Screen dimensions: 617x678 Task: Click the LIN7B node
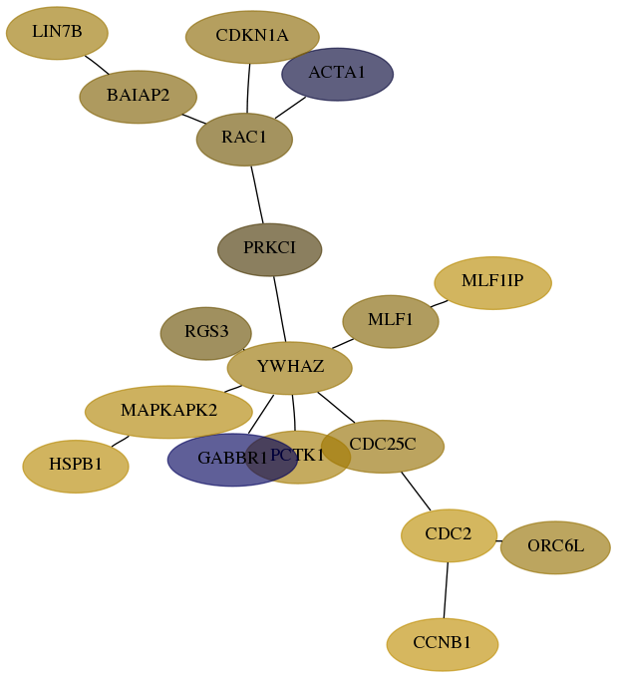57,33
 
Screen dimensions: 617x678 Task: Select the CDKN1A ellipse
252,37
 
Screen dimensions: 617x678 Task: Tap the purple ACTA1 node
337,75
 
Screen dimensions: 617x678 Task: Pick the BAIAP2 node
138,97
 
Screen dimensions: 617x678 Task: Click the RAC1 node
244,140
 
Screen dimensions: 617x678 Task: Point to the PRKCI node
270,249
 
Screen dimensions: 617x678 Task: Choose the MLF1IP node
493,283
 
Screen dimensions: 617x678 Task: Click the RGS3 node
205,333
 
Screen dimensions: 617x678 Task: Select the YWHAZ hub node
290,368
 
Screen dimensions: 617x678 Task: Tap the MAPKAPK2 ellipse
168,412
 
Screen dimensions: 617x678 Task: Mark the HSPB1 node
76,467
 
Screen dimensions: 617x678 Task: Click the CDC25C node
383,447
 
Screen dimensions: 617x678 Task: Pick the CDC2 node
449,535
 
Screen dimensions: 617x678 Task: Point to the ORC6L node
555,547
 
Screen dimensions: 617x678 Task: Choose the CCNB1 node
443,644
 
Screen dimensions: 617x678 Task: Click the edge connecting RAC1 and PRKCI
257,194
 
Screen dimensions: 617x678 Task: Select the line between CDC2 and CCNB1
446,590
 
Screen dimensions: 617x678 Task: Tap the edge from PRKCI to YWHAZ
280,309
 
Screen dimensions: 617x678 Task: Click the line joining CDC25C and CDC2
416,492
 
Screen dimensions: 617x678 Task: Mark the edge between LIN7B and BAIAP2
97,65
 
